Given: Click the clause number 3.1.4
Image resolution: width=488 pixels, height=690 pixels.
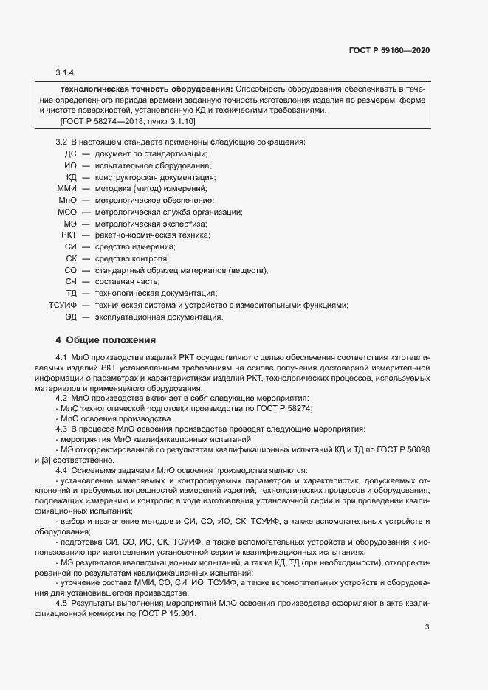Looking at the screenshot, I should click(x=65, y=72).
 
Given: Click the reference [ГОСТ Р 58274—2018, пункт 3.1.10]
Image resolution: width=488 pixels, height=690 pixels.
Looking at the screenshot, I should click(x=128, y=120).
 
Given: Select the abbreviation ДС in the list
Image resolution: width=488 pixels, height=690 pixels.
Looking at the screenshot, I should click(x=71, y=153).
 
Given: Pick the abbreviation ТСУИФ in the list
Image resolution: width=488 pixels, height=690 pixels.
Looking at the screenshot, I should click(x=63, y=306).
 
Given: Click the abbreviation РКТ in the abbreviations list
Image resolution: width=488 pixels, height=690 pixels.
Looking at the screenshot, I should click(x=69, y=235).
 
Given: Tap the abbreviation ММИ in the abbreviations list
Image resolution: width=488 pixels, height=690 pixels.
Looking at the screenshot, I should click(x=67, y=189).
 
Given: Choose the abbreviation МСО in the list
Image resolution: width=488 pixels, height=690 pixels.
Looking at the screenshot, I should click(x=67, y=212).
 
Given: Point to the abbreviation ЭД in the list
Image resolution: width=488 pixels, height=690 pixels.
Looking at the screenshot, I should click(x=71, y=317).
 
